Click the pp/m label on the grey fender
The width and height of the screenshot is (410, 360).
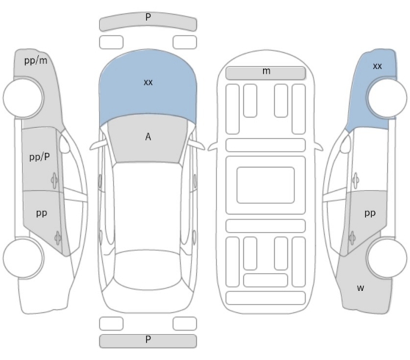point(36,61)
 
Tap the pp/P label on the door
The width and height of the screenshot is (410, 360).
point(40,157)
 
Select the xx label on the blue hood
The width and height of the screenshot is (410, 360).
point(148,82)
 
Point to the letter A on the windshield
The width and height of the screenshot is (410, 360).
point(148,137)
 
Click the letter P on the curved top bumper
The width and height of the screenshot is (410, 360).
point(148,17)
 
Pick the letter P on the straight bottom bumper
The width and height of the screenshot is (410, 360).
point(148,339)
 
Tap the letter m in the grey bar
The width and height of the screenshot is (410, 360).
point(266,71)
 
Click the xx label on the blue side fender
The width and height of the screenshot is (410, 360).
point(378,66)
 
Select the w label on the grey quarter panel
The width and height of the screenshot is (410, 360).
point(360,288)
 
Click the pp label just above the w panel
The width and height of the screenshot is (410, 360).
point(370,214)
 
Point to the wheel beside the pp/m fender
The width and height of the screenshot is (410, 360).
point(23,98)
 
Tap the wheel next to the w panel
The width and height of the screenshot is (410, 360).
point(386,258)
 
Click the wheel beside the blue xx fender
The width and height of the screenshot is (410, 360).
point(387,98)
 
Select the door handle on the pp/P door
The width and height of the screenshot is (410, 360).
point(54,180)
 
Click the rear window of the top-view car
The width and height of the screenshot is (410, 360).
point(148,270)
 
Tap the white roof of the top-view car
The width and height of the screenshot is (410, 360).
point(148,206)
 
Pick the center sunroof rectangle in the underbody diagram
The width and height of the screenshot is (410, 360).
point(265,185)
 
